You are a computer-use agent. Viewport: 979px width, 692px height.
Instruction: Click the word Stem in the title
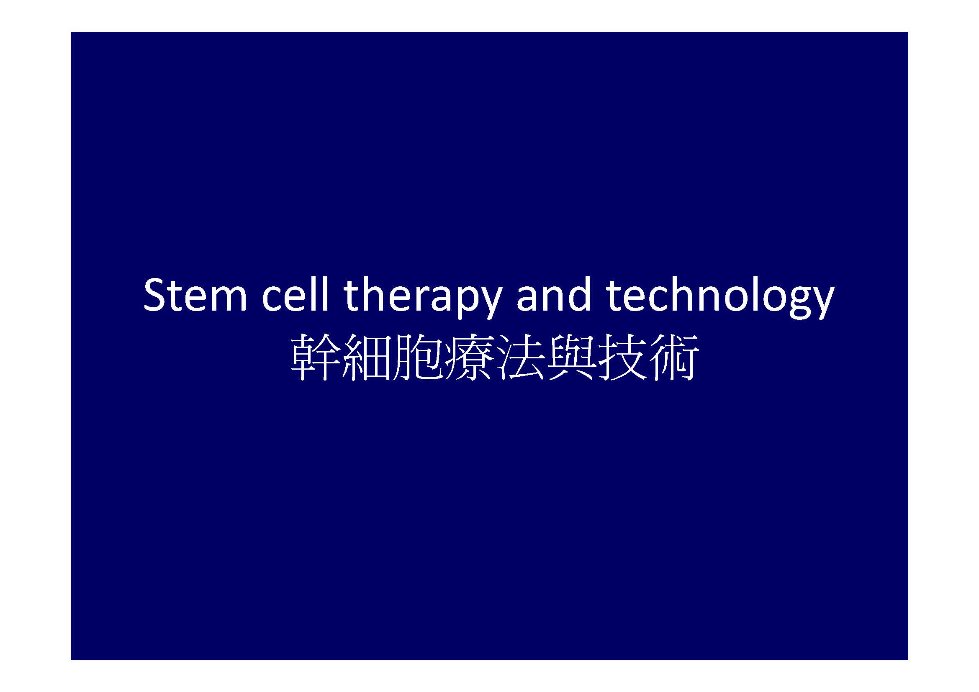pyautogui.click(x=195, y=295)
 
